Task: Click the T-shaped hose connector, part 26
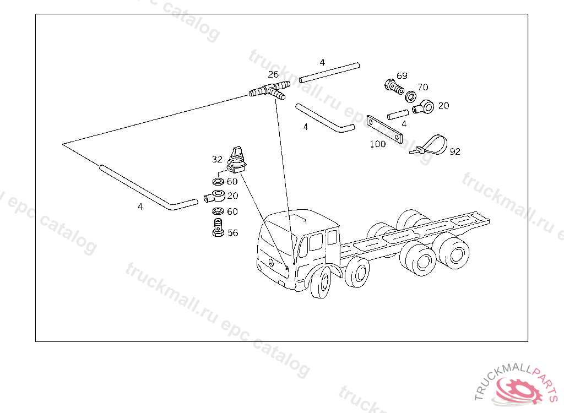click(x=269, y=90)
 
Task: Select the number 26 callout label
click(x=273, y=74)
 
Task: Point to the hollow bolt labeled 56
click(x=218, y=227)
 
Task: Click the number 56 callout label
click(x=233, y=233)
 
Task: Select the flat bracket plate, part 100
click(x=384, y=129)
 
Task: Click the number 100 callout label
click(x=378, y=144)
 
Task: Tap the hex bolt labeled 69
click(x=394, y=86)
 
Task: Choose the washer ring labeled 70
click(x=410, y=96)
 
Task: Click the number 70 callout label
click(x=422, y=87)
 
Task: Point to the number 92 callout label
click(x=455, y=151)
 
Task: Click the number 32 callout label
click(x=217, y=159)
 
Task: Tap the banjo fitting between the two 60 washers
click(x=215, y=197)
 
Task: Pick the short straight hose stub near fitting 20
click(x=398, y=115)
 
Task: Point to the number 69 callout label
click(x=402, y=75)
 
